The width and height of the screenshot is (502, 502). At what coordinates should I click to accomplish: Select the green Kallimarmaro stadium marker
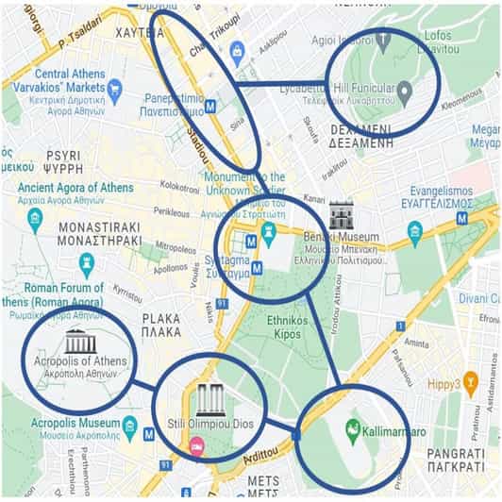click(353, 431)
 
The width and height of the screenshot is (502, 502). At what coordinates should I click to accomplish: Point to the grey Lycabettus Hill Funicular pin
click(405, 92)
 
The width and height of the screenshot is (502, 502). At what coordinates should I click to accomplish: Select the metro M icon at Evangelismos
click(461, 217)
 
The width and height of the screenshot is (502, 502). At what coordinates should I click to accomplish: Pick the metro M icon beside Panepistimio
click(210, 107)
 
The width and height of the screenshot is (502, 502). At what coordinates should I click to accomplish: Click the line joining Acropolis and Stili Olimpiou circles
click(144, 385)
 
